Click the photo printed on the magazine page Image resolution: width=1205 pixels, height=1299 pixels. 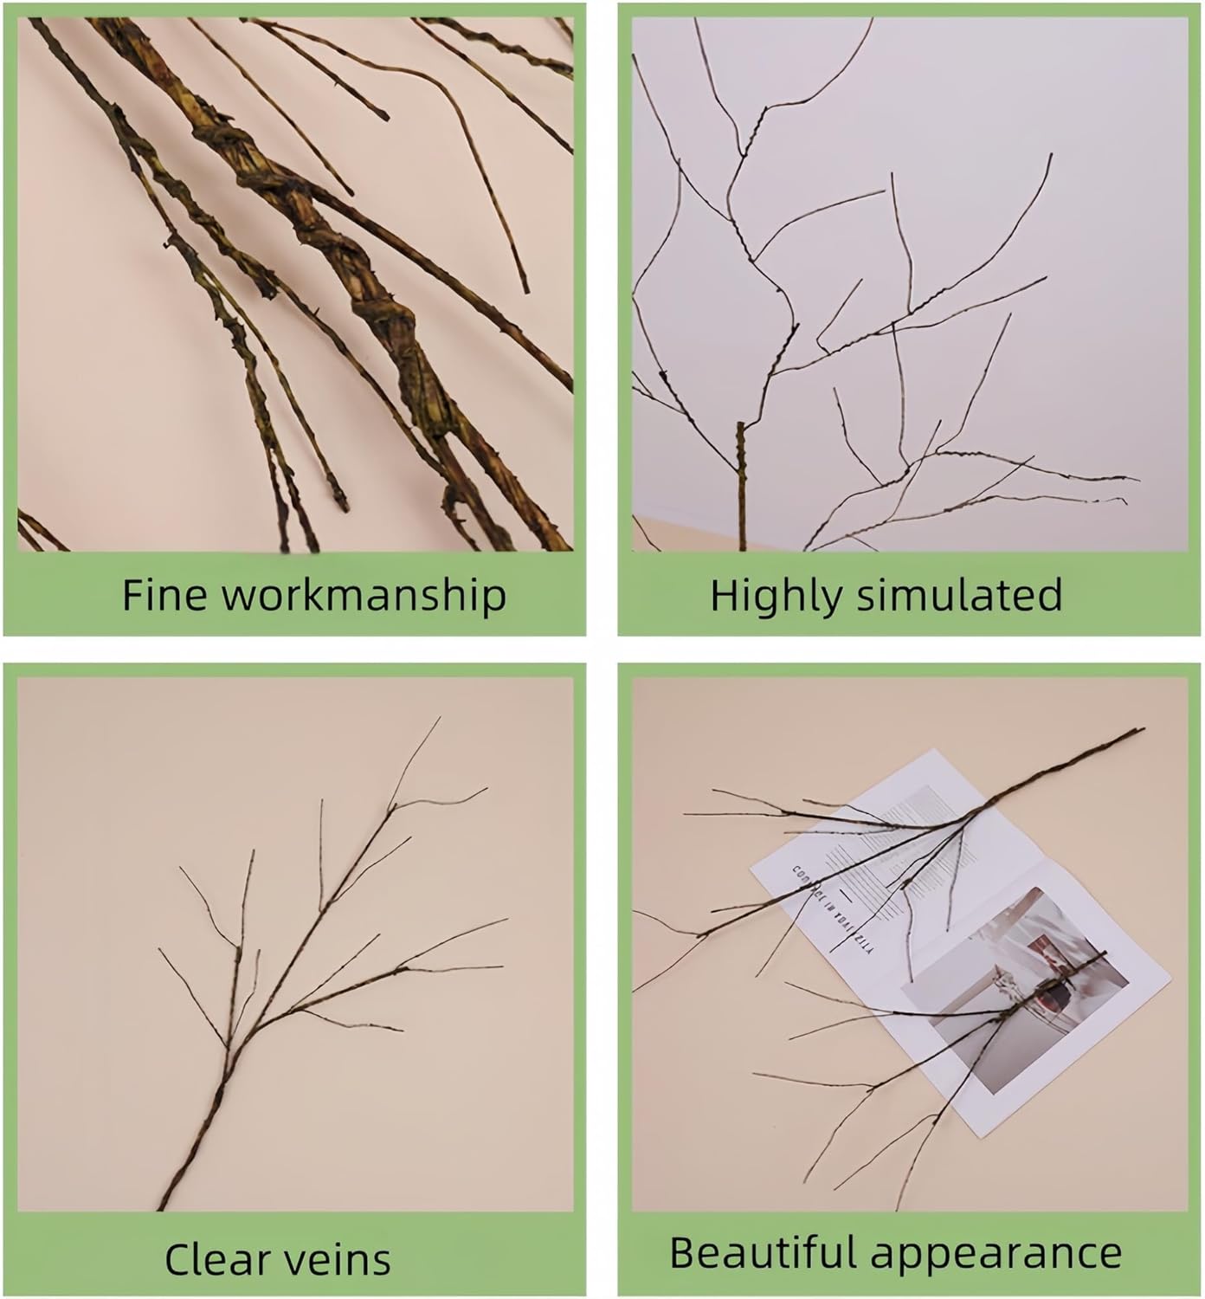coord(1021,987)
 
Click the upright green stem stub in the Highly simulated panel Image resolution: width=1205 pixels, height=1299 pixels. coord(740,485)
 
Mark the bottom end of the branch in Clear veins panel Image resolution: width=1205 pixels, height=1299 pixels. coord(162,1205)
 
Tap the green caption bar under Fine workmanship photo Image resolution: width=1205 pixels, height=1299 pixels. coord(294,595)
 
